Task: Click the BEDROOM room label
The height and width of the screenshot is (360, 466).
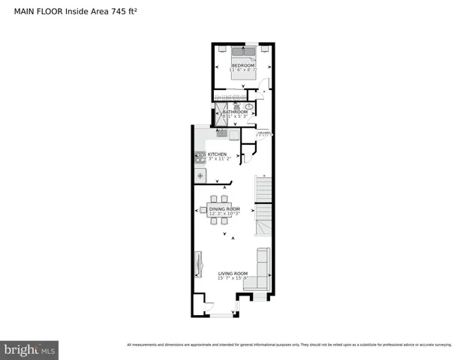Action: click(x=242, y=66)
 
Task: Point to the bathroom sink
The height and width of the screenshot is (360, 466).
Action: click(x=249, y=107)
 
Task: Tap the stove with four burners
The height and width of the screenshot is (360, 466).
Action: click(x=200, y=157)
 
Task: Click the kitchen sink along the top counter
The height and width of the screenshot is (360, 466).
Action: click(x=222, y=133)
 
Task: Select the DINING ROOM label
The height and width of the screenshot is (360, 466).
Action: click(x=224, y=208)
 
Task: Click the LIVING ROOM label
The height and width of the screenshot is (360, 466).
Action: click(x=233, y=274)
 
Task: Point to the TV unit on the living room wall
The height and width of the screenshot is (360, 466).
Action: click(x=198, y=264)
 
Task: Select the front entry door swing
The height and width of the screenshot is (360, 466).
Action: click(x=208, y=304)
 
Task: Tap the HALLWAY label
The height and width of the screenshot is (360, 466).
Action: click(x=263, y=133)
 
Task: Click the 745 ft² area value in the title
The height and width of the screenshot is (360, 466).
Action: click(x=125, y=11)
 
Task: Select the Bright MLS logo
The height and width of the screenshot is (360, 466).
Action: click(x=29, y=349)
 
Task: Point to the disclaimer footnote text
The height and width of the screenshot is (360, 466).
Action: click(x=289, y=345)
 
